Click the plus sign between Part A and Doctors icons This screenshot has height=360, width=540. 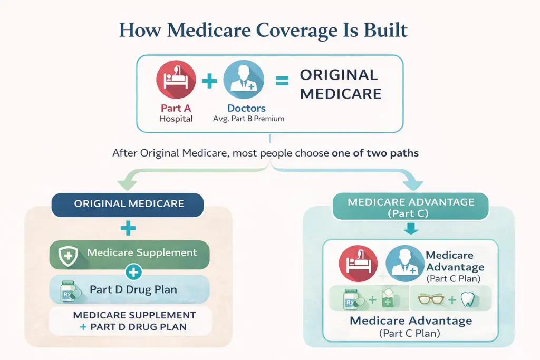coord(209,81)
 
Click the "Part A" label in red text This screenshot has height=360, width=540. coord(176,108)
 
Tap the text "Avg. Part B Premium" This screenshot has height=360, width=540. coord(249,119)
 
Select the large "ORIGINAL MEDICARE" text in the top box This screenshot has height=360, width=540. coord(340,84)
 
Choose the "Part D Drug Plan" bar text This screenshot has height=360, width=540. coord(133,289)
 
